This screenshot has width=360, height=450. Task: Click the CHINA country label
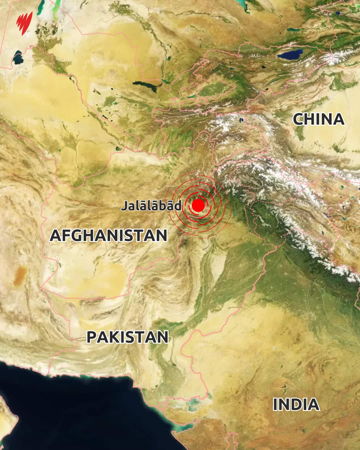(x=318, y=119)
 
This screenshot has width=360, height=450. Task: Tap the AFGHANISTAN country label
(x=108, y=236)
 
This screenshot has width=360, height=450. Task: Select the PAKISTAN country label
(x=127, y=337)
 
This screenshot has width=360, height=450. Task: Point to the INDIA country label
(x=296, y=405)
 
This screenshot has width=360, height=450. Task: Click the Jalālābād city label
(x=151, y=206)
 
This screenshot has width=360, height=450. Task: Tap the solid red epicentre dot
(x=198, y=205)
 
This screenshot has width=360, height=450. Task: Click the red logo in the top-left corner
(x=24, y=23)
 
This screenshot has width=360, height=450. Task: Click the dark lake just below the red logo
(x=17, y=58)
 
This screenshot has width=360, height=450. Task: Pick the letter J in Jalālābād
(x=124, y=206)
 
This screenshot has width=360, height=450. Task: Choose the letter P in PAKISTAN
(x=92, y=337)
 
